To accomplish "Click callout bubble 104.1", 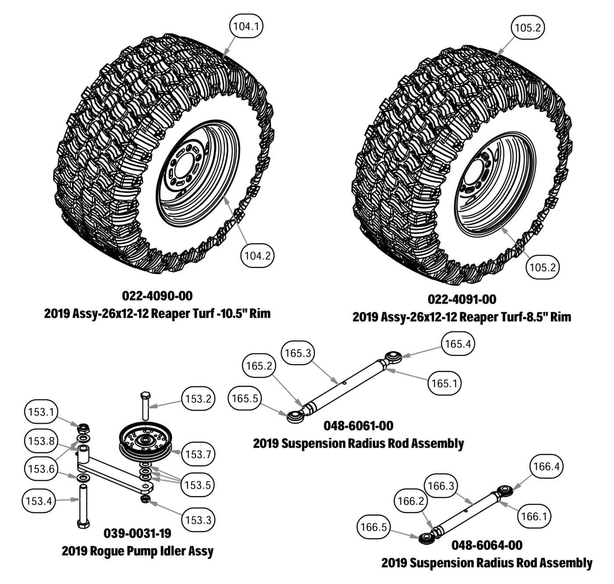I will coord(246,26).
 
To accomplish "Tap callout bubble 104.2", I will coord(257,255).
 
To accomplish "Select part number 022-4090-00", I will coord(157,296).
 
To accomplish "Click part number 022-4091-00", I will coord(462,299).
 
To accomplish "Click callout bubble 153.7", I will coord(199,454).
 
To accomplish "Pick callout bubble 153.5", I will coord(198,485).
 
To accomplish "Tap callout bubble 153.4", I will coord(39,501).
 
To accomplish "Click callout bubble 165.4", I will coord(458,344).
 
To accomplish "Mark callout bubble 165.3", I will coord(298,353).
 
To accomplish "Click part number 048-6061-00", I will coord(358,425).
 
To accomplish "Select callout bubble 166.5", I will coord(373,527).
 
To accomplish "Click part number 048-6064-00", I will coord(487,545).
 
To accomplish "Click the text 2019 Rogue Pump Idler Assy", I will coord(137,551).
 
